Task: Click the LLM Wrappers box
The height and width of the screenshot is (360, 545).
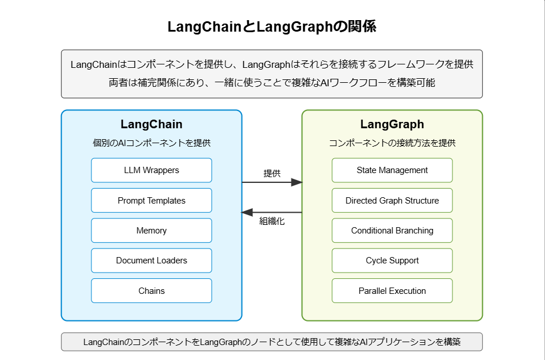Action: (151, 170)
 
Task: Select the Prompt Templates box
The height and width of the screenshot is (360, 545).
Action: (151, 201)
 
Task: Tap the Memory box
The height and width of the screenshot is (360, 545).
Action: (151, 231)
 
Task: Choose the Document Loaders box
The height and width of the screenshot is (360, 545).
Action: (151, 261)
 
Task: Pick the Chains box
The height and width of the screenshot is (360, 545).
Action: (151, 291)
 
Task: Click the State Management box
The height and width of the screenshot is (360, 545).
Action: (392, 170)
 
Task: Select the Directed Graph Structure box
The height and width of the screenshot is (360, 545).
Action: (392, 201)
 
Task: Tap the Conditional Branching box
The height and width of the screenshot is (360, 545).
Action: (392, 231)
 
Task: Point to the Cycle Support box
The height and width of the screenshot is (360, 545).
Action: (392, 261)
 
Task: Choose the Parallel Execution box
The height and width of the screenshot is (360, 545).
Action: (392, 291)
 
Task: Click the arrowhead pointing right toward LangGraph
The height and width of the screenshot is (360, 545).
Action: (296, 182)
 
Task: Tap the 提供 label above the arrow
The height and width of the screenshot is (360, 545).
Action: (272, 173)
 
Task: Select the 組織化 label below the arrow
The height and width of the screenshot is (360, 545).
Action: (272, 221)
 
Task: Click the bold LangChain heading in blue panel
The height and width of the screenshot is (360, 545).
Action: (151, 124)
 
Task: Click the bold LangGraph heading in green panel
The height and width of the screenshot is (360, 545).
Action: (392, 124)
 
